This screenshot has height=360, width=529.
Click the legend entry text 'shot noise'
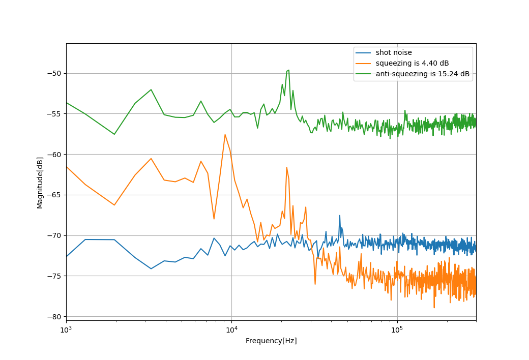(x=394, y=52)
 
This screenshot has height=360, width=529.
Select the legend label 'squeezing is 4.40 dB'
(x=412, y=63)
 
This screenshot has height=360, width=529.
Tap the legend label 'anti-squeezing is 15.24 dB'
(x=423, y=74)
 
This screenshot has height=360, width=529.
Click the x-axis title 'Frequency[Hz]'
(x=271, y=341)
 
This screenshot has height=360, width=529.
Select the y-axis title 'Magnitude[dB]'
(x=40, y=183)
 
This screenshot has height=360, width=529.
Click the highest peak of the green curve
(x=288, y=70)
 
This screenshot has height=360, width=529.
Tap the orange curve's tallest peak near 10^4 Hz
(x=225, y=135)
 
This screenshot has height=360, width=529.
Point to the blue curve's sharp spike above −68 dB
(x=339, y=215)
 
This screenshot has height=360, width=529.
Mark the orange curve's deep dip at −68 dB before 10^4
(x=214, y=219)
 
